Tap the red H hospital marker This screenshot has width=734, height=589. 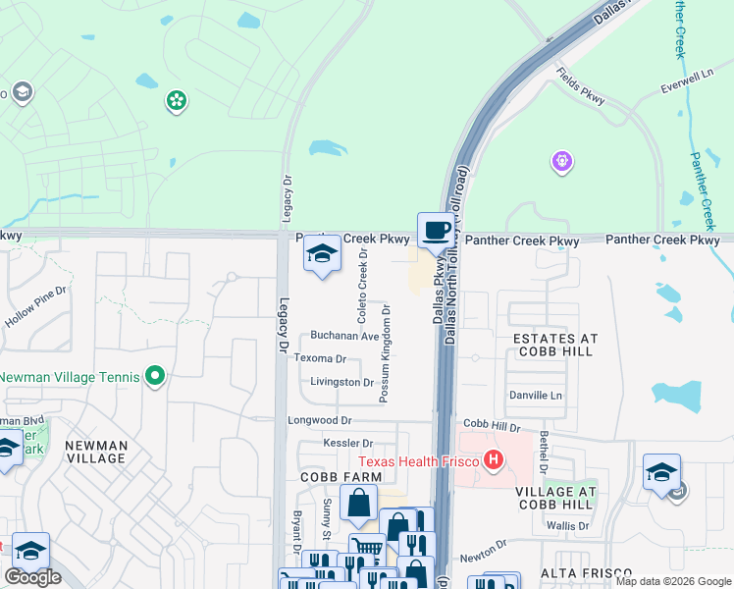click(495, 460)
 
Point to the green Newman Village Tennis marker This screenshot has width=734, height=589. click(154, 376)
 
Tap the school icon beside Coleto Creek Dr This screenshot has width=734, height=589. click(322, 255)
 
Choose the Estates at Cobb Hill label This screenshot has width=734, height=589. click(555, 345)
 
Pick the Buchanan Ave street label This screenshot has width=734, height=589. click(344, 336)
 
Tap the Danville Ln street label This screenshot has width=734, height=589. click(535, 395)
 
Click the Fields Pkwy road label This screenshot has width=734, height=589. click(580, 87)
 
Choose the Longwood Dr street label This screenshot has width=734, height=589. click(319, 420)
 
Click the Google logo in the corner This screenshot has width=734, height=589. click(32, 577)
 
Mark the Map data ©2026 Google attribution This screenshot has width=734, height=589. click(673, 582)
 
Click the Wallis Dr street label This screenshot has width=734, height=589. click(567, 526)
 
